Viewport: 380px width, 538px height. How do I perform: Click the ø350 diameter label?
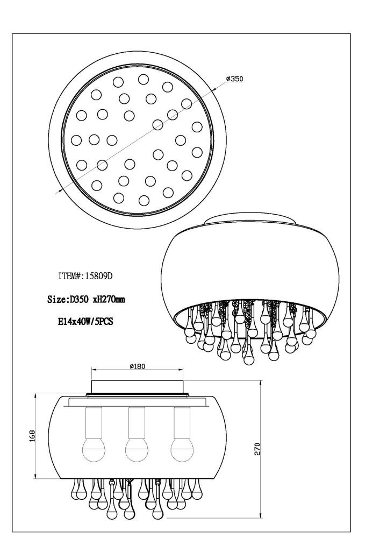pos(234,79)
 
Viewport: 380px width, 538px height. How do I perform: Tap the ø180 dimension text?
pos(138,366)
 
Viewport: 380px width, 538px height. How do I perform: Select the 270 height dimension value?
pos(257,449)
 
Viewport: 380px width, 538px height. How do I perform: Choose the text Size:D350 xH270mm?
pos(86,299)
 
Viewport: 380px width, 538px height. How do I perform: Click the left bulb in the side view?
pos(93,450)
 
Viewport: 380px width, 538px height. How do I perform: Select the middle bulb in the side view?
pos(137,450)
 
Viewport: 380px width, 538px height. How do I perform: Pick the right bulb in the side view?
pos(182,450)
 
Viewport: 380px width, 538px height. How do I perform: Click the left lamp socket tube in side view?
pos(94,423)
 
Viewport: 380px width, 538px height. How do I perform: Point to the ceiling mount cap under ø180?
pos(138,387)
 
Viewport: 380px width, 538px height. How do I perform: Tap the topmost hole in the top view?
pos(144,79)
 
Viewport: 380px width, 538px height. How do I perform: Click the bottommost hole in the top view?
pos(144,200)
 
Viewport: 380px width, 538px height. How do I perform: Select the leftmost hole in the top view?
pos(76,140)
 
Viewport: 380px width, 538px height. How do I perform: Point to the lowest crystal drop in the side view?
pos(157,512)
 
